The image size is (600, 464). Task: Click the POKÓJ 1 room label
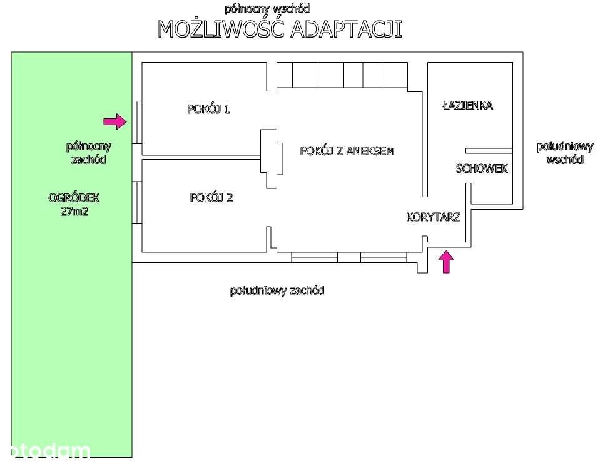(208, 109)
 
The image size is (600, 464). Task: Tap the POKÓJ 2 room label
(211, 197)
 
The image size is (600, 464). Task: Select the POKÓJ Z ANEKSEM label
(347, 151)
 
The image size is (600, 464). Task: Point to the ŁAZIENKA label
(467, 105)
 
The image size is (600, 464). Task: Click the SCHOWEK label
(482, 168)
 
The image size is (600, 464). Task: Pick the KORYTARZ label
(433, 217)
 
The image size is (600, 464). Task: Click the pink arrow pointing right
(114, 121)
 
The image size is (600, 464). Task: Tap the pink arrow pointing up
(446, 262)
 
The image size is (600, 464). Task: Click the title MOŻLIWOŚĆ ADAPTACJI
(280, 28)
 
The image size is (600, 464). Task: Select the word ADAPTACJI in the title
(346, 29)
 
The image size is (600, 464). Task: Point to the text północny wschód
(267, 8)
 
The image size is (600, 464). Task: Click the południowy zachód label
(277, 291)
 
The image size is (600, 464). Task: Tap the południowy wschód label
(565, 153)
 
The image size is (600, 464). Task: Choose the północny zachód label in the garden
(88, 153)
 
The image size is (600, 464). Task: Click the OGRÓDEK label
(74, 198)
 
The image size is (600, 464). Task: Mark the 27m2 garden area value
(74, 211)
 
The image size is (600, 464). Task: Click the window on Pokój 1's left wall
(137, 123)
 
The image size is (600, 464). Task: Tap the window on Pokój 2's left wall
(137, 202)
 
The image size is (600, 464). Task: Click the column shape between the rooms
(272, 159)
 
